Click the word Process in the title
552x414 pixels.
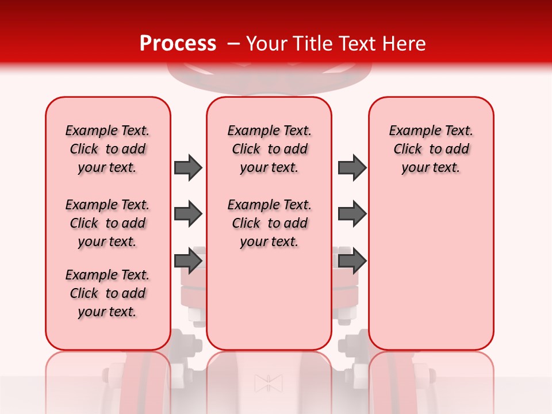point(177,43)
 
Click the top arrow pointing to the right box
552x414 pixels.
point(352,167)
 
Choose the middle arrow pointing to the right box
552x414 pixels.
point(352,214)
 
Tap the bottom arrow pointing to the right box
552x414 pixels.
point(352,260)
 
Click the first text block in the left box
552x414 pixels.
point(108,149)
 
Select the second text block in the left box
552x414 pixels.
point(108,223)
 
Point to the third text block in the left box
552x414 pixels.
point(108,293)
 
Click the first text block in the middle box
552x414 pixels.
point(269,149)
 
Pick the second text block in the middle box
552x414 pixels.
point(269,223)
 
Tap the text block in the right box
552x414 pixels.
point(431,149)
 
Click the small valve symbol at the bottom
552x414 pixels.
point(269,383)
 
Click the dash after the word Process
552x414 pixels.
point(233,44)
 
